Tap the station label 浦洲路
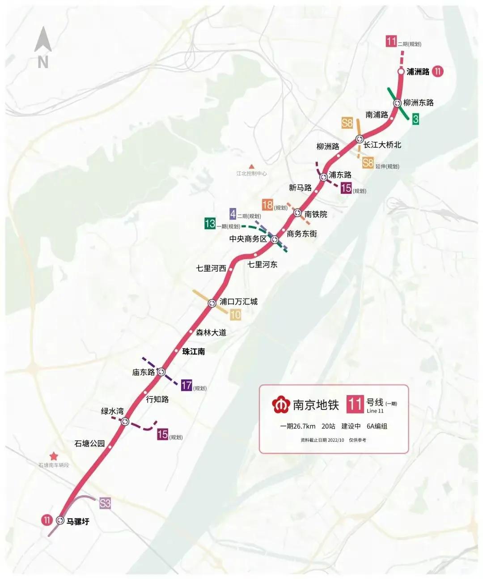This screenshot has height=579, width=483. (x=418, y=72)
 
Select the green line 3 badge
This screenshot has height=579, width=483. (x=416, y=119)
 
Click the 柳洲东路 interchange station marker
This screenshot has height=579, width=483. (x=397, y=103)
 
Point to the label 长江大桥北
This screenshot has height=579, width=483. (x=382, y=145)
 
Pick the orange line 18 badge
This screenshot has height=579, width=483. (x=267, y=205)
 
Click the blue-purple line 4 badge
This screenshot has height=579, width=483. (x=233, y=214)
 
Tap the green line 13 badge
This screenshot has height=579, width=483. (x=210, y=223)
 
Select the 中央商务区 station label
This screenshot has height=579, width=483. (x=248, y=239)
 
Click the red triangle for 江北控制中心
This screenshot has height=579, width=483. (x=251, y=166)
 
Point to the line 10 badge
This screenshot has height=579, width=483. (x=235, y=315)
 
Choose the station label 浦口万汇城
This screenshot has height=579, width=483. (x=238, y=302)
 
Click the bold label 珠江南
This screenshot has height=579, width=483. (x=194, y=352)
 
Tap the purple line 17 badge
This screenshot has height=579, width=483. (x=186, y=385)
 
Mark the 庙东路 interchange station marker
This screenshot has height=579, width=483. (x=161, y=371)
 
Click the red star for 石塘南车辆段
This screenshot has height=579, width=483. (x=54, y=456)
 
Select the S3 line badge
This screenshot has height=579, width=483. (x=105, y=503)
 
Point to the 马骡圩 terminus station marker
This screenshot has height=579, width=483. (x=60, y=520)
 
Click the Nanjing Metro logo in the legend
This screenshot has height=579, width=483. (x=281, y=404)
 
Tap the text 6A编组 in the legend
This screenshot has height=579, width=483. (x=377, y=426)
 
